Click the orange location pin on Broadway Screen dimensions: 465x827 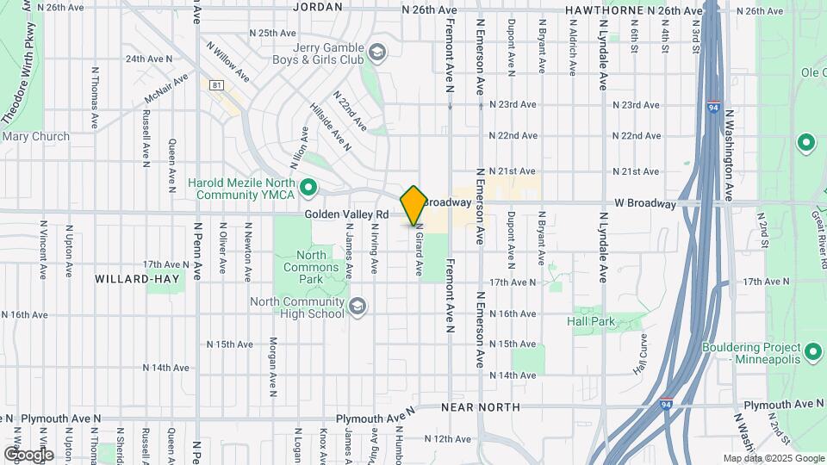click(x=413, y=205)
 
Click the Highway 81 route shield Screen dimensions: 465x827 click(x=216, y=84)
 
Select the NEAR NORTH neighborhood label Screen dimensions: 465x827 click(x=480, y=406)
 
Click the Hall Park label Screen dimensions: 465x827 click(x=590, y=321)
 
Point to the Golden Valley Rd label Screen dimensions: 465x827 click(x=347, y=213)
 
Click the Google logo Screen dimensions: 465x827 click(x=28, y=454)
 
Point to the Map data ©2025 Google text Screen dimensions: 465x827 click(x=773, y=458)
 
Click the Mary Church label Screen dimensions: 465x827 click(x=36, y=136)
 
